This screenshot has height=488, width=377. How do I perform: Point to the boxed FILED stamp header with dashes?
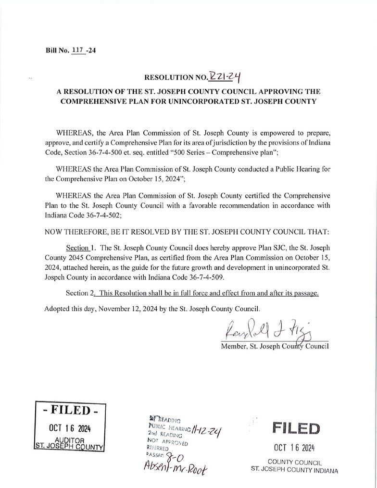(71, 411)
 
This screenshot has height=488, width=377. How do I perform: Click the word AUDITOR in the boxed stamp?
(71, 440)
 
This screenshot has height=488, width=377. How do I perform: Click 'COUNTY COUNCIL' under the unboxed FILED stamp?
(294, 462)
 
